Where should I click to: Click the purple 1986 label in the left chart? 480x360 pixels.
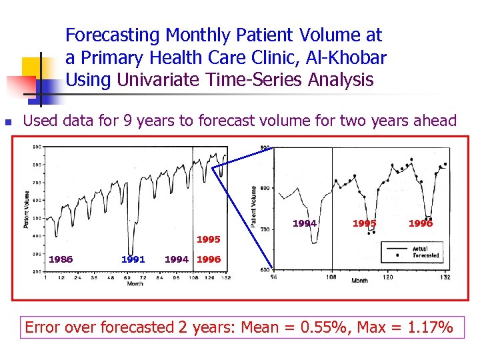tap(61, 259)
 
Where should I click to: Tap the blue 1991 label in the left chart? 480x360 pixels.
tap(133, 259)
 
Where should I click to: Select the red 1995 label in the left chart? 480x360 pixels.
tap(209, 239)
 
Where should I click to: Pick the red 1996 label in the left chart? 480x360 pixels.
tap(209, 259)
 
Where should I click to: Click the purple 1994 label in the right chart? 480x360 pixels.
tap(305, 223)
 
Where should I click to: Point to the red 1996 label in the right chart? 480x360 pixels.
tap(421, 223)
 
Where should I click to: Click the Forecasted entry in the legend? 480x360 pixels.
tap(425, 255)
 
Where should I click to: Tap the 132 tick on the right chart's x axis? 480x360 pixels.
tap(445, 276)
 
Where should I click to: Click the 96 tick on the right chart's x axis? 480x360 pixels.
tap(274, 276)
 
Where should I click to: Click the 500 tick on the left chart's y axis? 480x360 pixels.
tap(37, 218)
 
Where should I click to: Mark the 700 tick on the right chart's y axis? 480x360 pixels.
tap(266, 229)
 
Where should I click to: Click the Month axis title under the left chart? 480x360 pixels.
tap(135, 284)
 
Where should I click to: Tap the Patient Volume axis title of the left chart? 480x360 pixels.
tap(27, 209)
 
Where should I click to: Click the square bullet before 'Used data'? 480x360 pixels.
tap(7, 122)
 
